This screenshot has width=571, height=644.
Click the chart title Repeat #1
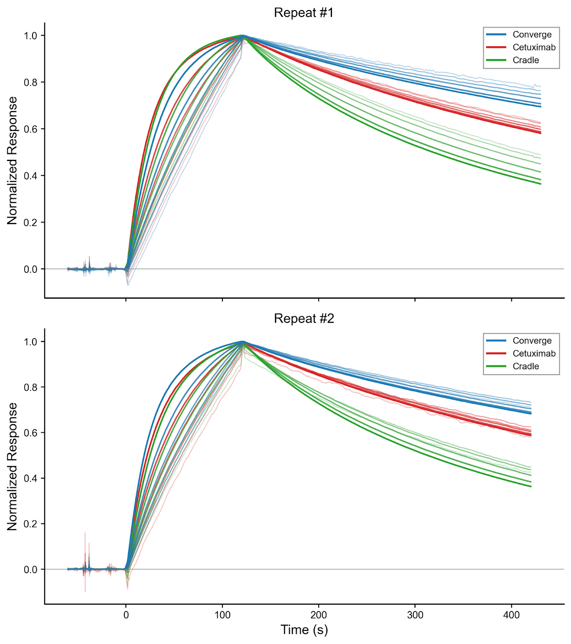[x=304, y=13]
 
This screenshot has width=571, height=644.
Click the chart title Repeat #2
[x=304, y=319]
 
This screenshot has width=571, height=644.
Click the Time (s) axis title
[x=304, y=630]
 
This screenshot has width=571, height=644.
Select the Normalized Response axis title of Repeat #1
[x=12, y=160]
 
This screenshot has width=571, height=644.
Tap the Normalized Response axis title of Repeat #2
[x=12, y=466]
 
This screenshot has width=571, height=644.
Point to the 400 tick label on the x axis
[x=511, y=615]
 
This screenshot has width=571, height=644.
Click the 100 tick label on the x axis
[x=223, y=615]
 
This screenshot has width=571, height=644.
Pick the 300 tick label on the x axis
[x=415, y=615]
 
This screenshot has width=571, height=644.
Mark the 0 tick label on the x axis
[x=126, y=615]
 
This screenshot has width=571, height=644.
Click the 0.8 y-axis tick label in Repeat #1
[x=31, y=83]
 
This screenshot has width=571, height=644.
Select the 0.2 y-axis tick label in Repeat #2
[x=31, y=524]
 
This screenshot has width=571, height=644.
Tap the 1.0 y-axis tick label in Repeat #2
[x=31, y=342]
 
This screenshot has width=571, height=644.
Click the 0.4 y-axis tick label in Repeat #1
[x=31, y=176]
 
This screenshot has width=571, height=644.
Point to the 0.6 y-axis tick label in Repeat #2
[x=31, y=433]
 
